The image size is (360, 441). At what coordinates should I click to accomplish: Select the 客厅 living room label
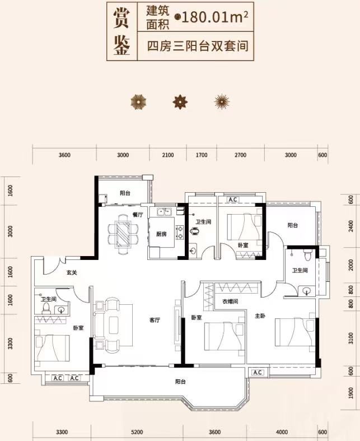(155, 321)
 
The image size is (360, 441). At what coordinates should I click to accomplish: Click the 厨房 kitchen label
(161, 234)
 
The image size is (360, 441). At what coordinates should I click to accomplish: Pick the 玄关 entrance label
(71, 273)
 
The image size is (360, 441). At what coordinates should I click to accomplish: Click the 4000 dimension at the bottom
(282, 432)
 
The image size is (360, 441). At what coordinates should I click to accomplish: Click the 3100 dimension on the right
(349, 338)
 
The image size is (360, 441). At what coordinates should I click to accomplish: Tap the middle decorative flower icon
(180, 101)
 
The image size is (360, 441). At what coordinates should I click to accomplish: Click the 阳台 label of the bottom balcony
(180, 382)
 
